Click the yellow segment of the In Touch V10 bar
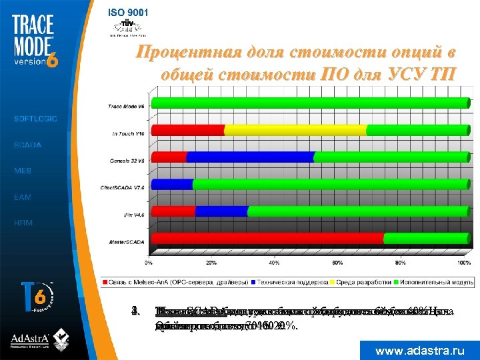pyautogui.click(x=295, y=130)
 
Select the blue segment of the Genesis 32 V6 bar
pyautogui.click(x=249, y=157)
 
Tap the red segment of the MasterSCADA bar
pyautogui.click(x=267, y=238)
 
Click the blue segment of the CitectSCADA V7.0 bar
pyautogui.click(x=172, y=184)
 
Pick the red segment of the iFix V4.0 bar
pyautogui.click(x=173, y=211)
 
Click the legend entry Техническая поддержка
pyautogui.click(x=291, y=281)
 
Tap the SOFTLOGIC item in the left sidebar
pyautogui.click(x=35, y=119)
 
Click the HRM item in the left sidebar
pyautogui.click(x=23, y=223)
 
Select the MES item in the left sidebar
pyautogui.click(x=23, y=171)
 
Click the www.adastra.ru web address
pyautogui.click(x=419, y=350)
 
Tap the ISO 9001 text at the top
pyautogui.click(x=129, y=12)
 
